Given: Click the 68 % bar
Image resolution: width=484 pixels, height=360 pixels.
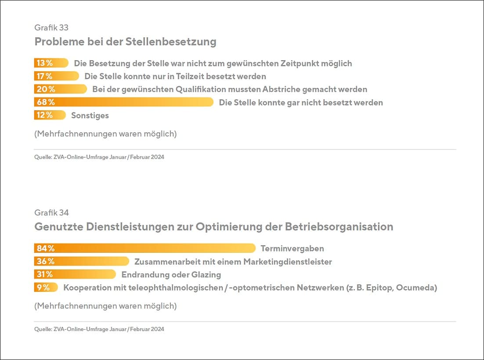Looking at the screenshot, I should click(123, 102).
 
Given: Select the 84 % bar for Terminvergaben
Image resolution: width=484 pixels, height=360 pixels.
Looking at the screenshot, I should click(144, 248).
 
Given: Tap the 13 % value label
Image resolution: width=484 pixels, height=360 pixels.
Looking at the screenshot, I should click(44, 63).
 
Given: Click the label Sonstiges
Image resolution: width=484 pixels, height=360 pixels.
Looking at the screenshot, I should click(90, 116).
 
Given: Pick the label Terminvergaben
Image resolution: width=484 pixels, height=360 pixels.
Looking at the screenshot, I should click(292, 248).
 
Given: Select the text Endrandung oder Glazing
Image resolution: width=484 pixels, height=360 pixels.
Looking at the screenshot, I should click(171, 275).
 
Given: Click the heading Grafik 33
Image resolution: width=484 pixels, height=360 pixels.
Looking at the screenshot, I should click(51, 28).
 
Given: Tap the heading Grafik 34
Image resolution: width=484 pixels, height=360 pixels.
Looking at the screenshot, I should click(51, 213).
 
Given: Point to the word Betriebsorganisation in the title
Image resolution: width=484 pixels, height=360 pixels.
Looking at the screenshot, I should click(339, 227).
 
